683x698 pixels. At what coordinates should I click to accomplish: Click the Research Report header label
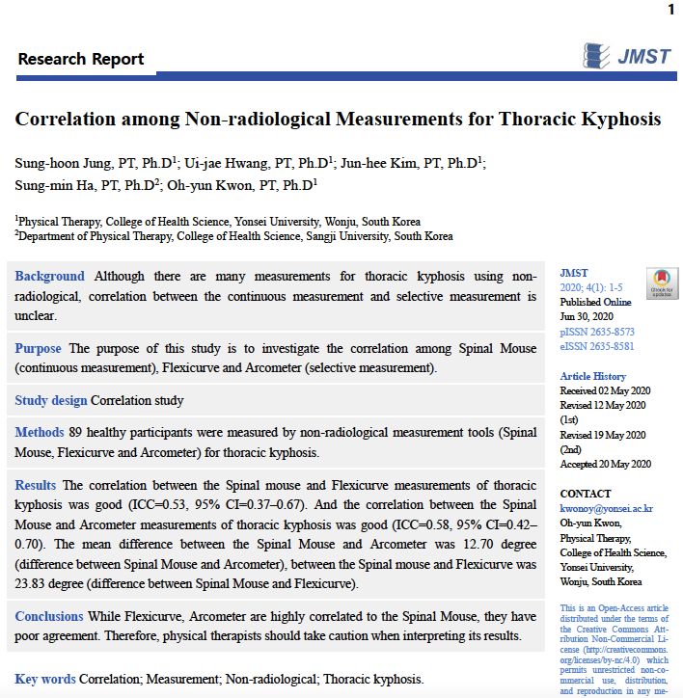coord(81,60)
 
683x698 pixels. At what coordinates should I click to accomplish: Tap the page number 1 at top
coord(670,10)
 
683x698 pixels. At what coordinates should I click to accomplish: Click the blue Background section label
coord(49,276)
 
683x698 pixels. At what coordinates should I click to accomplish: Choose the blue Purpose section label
coord(38,348)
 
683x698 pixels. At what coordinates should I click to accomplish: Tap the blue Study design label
coord(51,400)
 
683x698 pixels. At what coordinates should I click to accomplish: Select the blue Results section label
coord(36,484)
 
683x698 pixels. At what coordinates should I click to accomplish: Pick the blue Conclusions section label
coord(49,616)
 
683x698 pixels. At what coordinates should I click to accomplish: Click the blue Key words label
coord(45,679)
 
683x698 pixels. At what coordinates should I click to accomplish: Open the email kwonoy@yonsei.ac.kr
coord(606,508)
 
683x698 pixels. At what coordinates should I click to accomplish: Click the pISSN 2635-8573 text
coord(597,331)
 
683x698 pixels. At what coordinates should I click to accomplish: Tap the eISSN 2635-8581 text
coord(597,346)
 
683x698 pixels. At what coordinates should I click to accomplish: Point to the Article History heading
coord(592,376)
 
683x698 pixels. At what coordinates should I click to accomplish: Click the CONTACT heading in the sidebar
coord(586,494)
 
